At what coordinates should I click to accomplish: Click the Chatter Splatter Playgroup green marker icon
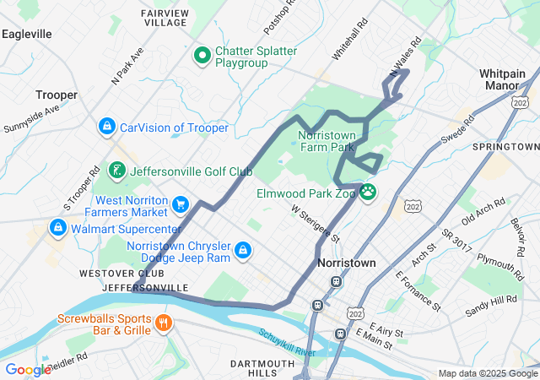(x=202, y=57)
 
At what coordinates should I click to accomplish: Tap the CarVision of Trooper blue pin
(x=107, y=128)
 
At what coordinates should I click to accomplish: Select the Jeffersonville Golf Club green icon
(x=118, y=170)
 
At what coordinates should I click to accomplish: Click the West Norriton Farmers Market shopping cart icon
(x=180, y=204)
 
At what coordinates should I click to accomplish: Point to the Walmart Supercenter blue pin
(x=58, y=228)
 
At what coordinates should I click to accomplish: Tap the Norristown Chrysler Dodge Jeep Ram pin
(x=242, y=251)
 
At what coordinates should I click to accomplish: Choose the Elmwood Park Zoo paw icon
(x=368, y=193)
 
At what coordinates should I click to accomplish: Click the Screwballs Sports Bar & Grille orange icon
(x=164, y=322)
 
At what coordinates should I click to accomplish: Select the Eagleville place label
(x=27, y=34)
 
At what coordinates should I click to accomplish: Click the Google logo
(x=28, y=370)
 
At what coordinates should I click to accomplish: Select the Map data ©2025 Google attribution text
(x=488, y=374)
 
